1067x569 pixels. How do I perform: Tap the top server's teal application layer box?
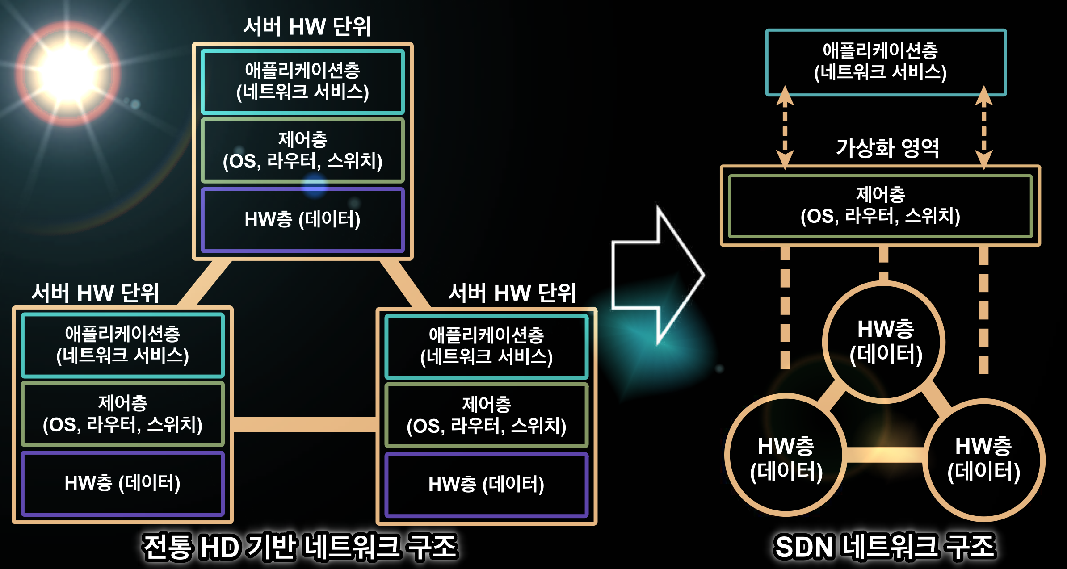coord(302,82)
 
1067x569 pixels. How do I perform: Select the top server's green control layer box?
coord(302,150)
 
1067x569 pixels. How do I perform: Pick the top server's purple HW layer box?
coord(302,220)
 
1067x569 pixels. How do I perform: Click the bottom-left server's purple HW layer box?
coord(122,483)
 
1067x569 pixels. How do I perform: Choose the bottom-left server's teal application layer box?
coord(122,345)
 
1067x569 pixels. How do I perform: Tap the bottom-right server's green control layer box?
coord(486,415)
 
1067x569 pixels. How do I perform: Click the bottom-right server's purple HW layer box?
coord(486,485)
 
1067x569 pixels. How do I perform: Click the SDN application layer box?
coord(886,63)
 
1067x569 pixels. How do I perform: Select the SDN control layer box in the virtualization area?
coord(880,206)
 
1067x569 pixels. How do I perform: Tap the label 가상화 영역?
coord(887,148)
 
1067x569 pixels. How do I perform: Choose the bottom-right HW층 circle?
coord(984,460)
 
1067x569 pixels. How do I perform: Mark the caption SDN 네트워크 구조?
coord(885,547)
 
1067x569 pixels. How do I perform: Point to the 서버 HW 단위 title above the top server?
coord(307,27)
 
